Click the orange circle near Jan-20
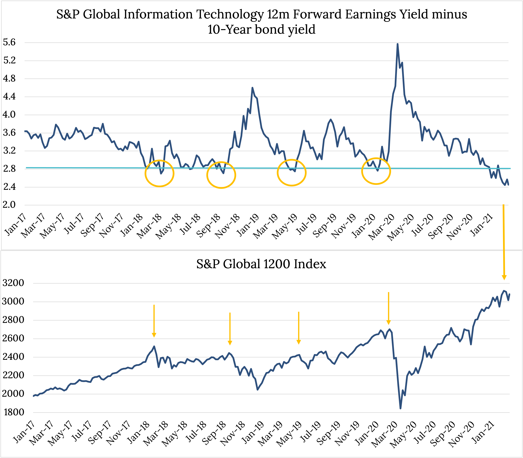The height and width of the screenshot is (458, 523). (376, 171)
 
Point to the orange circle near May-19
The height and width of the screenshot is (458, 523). (292, 173)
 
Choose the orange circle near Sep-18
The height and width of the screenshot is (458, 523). (221, 175)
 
